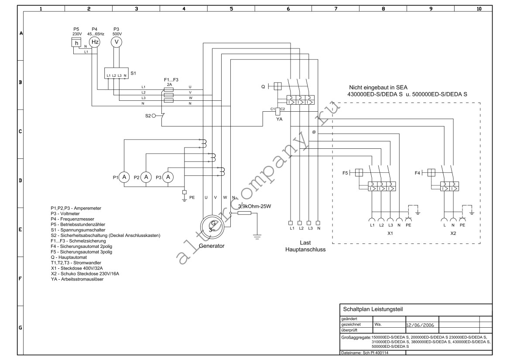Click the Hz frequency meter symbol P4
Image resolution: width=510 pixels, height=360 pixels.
(x=95, y=42)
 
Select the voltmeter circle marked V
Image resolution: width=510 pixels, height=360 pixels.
(x=116, y=42)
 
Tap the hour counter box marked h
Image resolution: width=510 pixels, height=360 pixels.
(x=76, y=43)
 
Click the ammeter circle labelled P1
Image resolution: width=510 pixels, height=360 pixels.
(x=124, y=177)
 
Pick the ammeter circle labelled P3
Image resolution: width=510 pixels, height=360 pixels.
(x=168, y=177)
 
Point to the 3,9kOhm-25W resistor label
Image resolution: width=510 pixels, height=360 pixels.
(x=254, y=206)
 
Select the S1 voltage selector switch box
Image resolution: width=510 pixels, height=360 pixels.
(x=116, y=73)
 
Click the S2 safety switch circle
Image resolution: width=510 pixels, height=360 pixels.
(x=154, y=116)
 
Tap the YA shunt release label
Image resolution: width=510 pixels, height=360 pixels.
(x=279, y=120)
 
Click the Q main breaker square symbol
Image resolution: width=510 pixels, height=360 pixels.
(x=277, y=86)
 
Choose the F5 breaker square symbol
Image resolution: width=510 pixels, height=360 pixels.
(x=359, y=172)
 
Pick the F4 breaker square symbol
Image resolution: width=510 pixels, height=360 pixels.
(x=431, y=172)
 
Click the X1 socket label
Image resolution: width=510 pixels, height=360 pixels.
(x=390, y=233)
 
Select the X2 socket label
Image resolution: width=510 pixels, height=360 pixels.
(x=453, y=233)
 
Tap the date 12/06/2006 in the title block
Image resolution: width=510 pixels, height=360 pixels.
(x=420, y=325)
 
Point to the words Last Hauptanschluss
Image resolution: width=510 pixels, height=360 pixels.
(x=305, y=246)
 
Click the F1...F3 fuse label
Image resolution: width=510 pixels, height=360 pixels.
(x=171, y=80)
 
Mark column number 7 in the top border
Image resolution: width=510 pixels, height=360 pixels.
(x=335, y=9)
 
